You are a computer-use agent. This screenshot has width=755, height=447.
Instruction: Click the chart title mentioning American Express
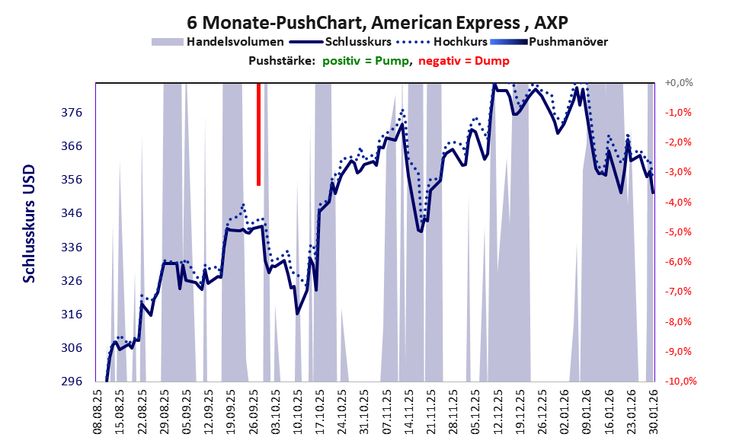pyautogui.click(x=377, y=21)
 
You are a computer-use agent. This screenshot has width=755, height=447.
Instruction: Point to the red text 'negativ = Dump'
pyautogui.click(x=465, y=61)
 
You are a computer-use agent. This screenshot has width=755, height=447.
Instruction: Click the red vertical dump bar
pyautogui.click(x=259, y=133)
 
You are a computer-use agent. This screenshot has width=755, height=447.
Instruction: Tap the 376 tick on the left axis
pyautogui.click(x=71, y=113)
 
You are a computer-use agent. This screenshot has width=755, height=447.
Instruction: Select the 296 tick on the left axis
pyautogui.click(x=71, y=381)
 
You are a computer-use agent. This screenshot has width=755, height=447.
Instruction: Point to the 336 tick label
pyautogui.click(x=71, y=247)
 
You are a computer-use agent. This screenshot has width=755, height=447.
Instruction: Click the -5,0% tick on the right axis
pyautogui.click(x=677, y=231)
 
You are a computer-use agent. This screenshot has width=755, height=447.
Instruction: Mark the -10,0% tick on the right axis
pyautogui.click(x=676, y=381)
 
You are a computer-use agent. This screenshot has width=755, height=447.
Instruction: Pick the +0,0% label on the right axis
pyautogui.click(x=677, y=82)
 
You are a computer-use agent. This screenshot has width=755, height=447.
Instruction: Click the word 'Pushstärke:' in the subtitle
pyautogui.click(x=281, y=61)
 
